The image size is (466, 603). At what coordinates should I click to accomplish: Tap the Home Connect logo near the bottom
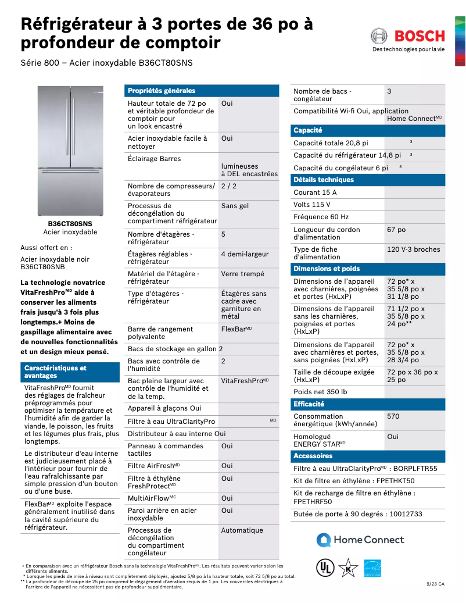[360, 540]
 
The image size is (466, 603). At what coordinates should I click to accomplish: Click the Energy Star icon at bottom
[372, 568]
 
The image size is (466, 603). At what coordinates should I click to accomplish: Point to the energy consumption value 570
[393, 416]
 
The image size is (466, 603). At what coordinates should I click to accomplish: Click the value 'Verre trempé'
[242, 274]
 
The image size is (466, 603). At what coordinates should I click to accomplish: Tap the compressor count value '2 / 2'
[229, 186]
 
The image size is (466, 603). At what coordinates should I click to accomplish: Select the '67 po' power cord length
[396, 230]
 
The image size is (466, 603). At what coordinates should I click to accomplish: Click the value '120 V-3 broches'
[414, 249]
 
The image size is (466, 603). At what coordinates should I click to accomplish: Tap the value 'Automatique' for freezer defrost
[242, 530]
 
